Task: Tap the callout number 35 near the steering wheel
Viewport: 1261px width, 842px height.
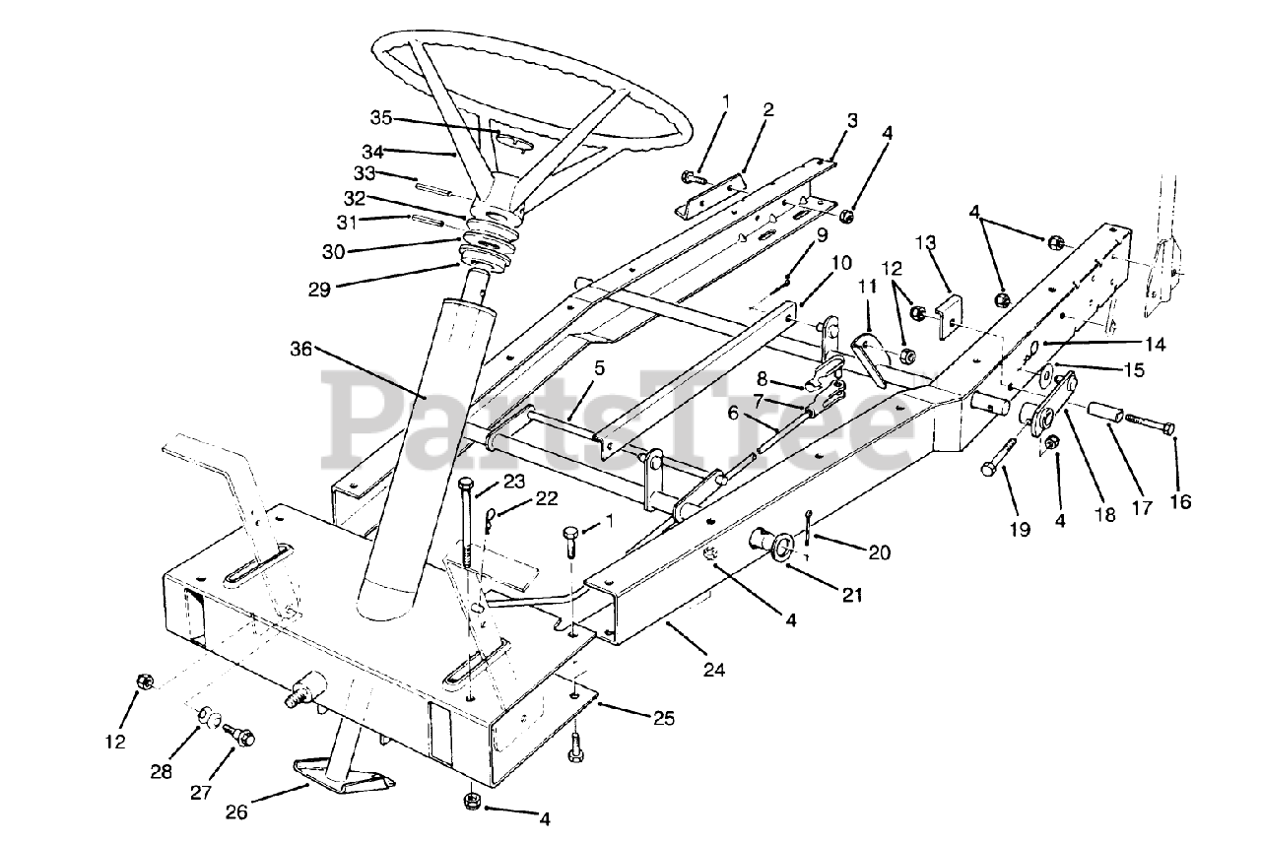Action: tap(381, 118)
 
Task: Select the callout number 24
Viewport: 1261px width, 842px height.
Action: tap(713, 670)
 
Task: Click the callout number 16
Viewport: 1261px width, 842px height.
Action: tap(1179, 502)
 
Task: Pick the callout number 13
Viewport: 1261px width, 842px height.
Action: tap(927, 243)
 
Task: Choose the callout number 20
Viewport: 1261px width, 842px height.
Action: tap(880, 553)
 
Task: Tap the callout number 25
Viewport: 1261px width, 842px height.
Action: tap(664, 719)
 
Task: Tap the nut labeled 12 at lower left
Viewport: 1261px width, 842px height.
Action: tap(144, 680)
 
